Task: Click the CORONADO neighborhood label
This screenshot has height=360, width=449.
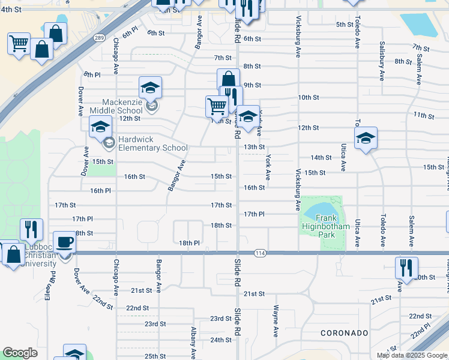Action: tap(344, 332)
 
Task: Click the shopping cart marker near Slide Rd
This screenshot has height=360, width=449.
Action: tap(217, 107)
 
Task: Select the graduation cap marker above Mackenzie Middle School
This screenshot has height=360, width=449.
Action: tap(150, 88)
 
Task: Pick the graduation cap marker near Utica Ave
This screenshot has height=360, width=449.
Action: tap(365, 139)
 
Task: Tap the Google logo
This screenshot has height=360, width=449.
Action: tap(20, 353)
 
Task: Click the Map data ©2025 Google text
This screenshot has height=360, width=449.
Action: tap(412, 355)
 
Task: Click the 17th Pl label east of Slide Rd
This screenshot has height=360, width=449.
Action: tap(255, 214)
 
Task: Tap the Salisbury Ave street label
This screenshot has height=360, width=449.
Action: tap(382, 61)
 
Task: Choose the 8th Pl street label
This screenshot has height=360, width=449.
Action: tap(92, 74)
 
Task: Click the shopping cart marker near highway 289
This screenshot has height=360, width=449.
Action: tap(19, 43)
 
